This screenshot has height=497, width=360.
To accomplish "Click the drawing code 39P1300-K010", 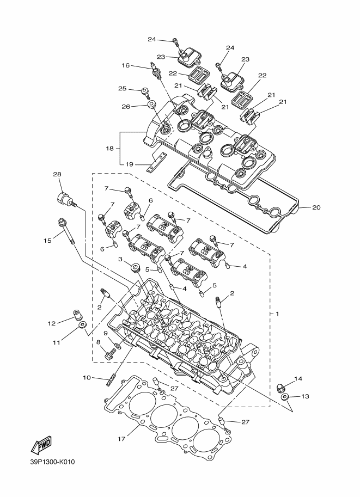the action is pyautogui.click(x=53, y=462).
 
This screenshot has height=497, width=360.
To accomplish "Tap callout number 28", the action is pyautogui.click(x=57, y=174).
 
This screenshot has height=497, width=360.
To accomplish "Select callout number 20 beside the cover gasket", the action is pyautogui.click(x=316, y=207).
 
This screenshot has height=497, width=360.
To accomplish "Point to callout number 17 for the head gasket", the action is pyautogui.click(x=121, y=439).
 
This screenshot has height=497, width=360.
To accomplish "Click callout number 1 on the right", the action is pyautogui.click(x=277, y=314).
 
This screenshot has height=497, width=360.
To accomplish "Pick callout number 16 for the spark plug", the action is pyautogui.click(x=126, y=65).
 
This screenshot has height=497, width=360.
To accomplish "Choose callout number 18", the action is pyautogui.click(x=109, y=148).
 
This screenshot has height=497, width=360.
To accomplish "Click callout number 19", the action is pyautogui.click(x=129, y=164).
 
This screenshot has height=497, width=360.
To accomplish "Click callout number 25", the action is pyautogui.click(x=123, y=88).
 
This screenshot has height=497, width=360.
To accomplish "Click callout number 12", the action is pyautogui.click(x=52, y=323).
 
